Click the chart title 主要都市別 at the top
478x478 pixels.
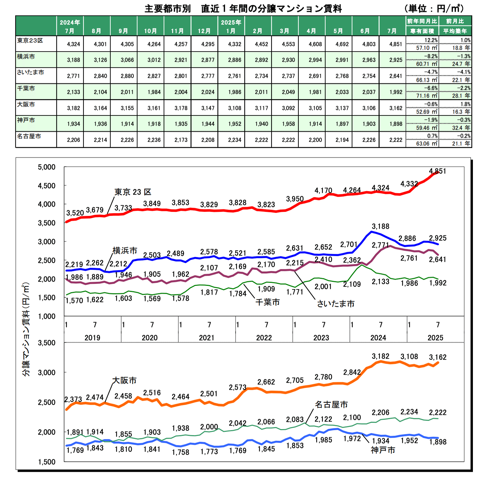[168, 8]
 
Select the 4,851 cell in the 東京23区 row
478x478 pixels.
[396, 44]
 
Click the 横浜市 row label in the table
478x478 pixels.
[26, 57]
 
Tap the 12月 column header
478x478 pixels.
[204, 31]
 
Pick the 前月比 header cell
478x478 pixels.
[455, 21]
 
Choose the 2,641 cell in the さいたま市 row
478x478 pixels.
[396, 76]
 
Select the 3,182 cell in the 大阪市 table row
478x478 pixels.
[73, 108]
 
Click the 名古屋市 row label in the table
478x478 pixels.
[29, 136]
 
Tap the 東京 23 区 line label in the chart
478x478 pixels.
[133, 192]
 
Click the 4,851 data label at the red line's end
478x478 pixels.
[438, 171]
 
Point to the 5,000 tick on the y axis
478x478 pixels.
[47, 167]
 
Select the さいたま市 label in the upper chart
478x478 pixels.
[336, 304]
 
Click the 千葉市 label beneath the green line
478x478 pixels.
[268, 302]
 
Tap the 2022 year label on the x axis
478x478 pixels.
[264, 338]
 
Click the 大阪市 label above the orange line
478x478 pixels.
[124, 381]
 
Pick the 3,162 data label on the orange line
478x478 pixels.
[438, 357]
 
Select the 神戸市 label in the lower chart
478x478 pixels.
[383, 450]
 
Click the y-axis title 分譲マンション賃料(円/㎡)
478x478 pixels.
[26, 329]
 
